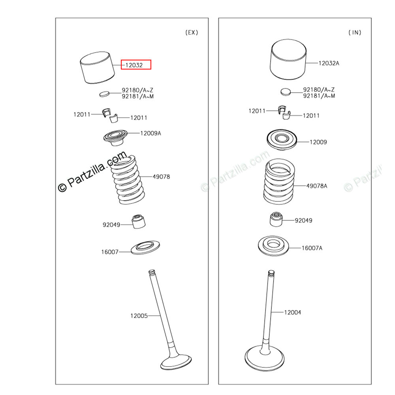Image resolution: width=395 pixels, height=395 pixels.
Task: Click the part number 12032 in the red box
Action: (x=134, y=65)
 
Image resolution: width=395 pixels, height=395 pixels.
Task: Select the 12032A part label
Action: (x=329, y=63)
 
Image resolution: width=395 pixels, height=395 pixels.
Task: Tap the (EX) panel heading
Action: (x=192, y=32)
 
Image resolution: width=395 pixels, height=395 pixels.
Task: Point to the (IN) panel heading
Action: (x=355, y=32)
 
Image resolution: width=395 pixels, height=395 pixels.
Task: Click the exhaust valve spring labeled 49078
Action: (x=128, y=179)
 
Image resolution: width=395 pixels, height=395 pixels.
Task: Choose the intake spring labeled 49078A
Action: (x=279, y=181)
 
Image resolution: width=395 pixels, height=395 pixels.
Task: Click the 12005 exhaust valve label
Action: (x=139, y=316)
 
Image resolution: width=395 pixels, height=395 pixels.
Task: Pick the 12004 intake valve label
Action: (x=292, y=312)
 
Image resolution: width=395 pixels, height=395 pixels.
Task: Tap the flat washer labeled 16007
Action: (x=145, y=248)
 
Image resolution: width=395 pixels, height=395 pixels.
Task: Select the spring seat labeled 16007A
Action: (x=273, y=246)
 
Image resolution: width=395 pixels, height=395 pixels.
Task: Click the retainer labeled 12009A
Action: (x=115, y=137)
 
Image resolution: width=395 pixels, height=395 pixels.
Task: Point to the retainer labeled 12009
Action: (x=282, y=139)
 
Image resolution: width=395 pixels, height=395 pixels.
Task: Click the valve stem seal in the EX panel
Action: (x=139, y=222)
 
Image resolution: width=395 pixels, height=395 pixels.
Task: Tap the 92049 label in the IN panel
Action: (x=303, y=221)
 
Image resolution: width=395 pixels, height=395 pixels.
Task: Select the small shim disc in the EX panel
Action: (x=104, y=94)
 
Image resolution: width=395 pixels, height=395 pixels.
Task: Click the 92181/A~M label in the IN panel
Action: (x=319, y=96)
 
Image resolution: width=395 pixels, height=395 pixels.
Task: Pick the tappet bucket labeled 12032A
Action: (x=288, y=60)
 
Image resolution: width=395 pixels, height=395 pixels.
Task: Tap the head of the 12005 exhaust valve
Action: (x=176, y=362)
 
